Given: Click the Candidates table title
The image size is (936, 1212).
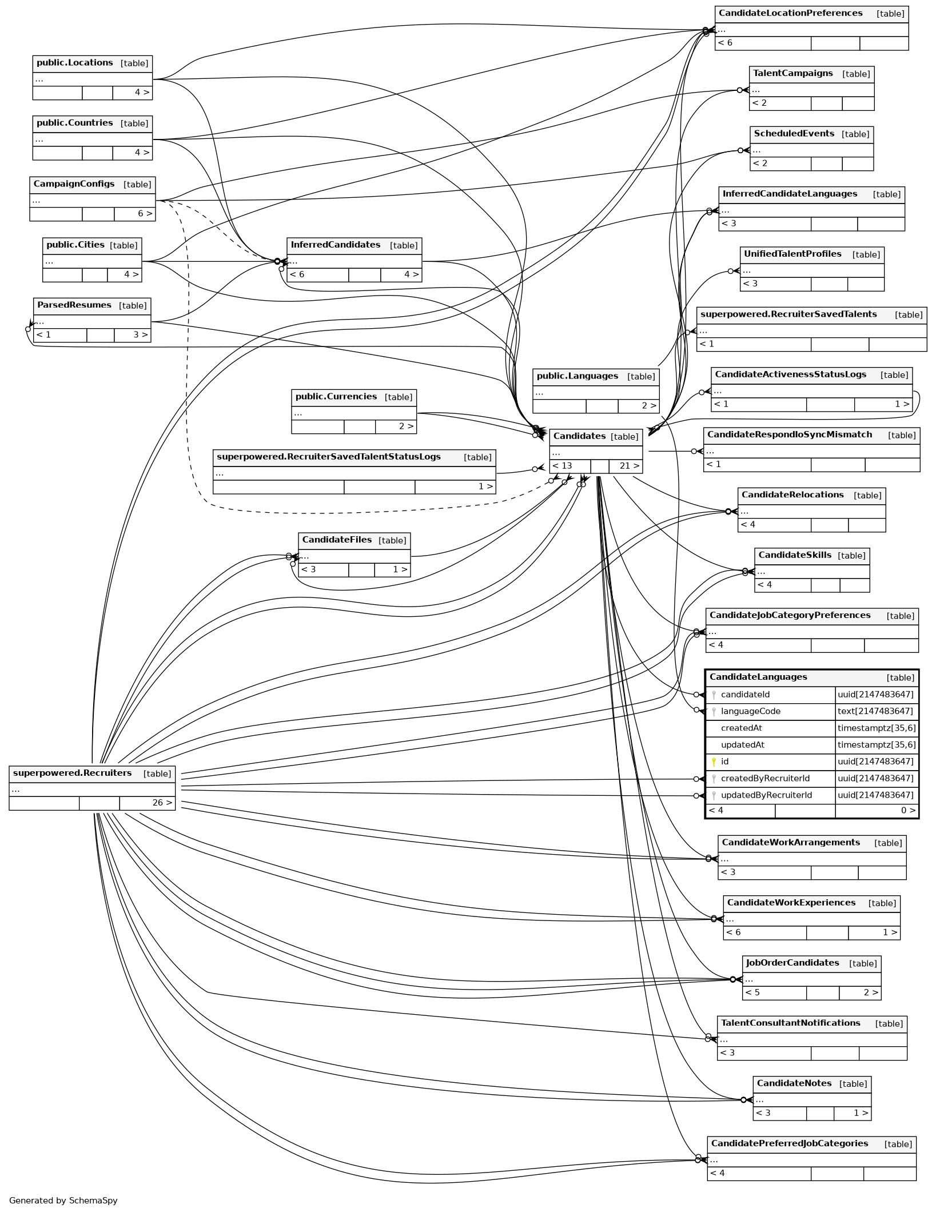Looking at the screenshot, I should (579, 436).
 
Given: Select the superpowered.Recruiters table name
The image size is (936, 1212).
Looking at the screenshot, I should (72, 773).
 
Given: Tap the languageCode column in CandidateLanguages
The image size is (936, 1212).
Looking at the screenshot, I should (750, 711).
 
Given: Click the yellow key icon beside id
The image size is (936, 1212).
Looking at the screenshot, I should (714, 762).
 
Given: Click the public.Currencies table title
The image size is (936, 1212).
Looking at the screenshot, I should (336, 397).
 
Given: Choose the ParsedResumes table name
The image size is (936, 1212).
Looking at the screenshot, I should (74, 305).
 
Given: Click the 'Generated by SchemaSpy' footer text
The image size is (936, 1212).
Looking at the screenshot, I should (63, 1201).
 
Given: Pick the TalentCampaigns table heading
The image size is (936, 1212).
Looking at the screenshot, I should (792, 74).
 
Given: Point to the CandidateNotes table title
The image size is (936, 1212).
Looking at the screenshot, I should (794, 1083).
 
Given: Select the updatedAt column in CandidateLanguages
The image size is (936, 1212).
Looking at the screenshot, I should (742, 745).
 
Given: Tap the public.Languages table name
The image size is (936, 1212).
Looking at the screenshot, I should (577, 376).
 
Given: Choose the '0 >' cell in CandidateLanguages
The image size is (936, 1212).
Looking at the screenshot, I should (907, 810).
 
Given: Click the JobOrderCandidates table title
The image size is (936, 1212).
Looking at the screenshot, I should (792, 963).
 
